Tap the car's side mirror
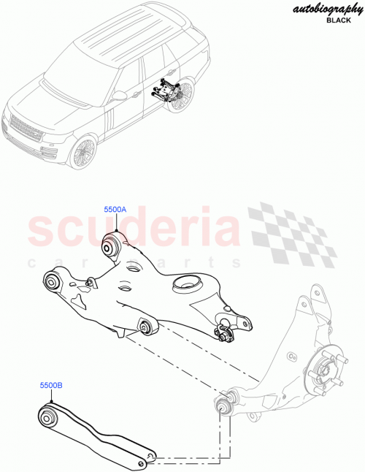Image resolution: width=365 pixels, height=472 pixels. (x=119, y=95)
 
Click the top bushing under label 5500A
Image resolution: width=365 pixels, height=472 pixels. (x=113, y=245)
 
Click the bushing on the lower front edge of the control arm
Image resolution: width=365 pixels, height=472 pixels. (x=146, y=326)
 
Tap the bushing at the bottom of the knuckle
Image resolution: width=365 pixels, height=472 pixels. (x=224, y=402)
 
